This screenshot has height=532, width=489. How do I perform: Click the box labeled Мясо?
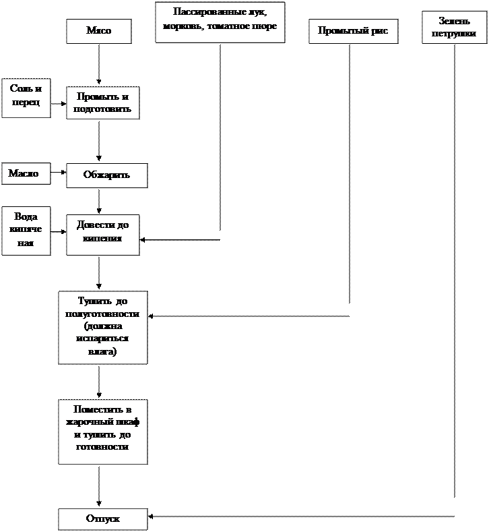coord(98,31)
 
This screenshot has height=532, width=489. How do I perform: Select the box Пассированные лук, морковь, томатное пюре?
coord(220,22)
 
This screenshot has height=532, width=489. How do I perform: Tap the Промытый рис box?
coord(353,31)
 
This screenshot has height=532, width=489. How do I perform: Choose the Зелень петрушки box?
coord(454,27)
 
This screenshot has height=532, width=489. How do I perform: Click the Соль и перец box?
coord(26,98)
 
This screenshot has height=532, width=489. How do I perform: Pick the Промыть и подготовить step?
coord(102,102)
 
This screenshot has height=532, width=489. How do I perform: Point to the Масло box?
coord(26,173)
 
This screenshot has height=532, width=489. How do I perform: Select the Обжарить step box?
coord(106,175)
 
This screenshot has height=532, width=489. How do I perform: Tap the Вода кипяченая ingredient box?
coord(26,231)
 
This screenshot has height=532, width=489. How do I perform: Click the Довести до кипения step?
coord(102,235)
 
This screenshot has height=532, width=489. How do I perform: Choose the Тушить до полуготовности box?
coord(102,327)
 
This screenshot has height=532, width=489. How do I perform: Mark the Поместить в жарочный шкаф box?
coord(102,432)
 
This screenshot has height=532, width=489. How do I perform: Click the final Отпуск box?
coord(102,519)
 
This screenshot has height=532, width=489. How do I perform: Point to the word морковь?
coord(182,26)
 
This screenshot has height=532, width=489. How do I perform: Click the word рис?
coord(380,31)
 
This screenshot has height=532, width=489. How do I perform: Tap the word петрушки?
coord(454,33)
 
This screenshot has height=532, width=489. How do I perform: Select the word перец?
coord(26,103)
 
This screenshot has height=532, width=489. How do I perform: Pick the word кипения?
coord(102,238)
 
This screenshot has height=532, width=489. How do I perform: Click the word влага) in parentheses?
coord(102,351)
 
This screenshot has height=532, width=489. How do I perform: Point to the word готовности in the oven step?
coord(102,446)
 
